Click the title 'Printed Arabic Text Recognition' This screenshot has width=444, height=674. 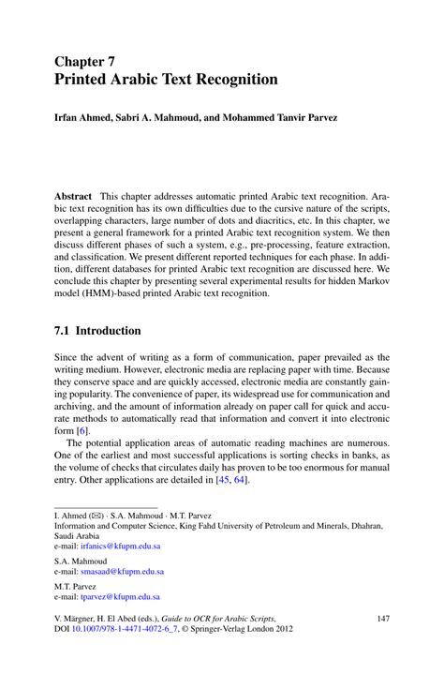165,80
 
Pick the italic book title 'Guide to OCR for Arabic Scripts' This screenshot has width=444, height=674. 237,619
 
